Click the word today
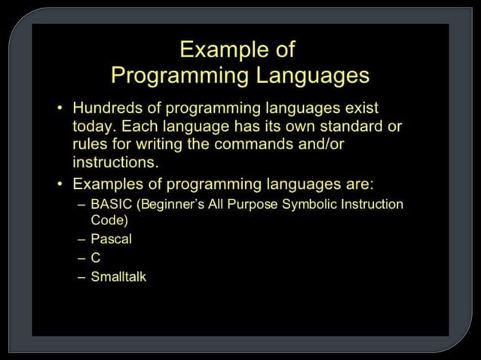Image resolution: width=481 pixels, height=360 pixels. (x=92, y=127)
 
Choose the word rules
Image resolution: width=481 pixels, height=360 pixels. (x=90, y=144)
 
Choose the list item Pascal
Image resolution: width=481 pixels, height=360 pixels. (x=111, y=239)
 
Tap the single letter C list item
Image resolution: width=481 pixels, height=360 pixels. (x=96, y=258)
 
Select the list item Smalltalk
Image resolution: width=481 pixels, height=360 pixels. (x=118, y=276)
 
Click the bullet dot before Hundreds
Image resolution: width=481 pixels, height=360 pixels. (x=60, y=109)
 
